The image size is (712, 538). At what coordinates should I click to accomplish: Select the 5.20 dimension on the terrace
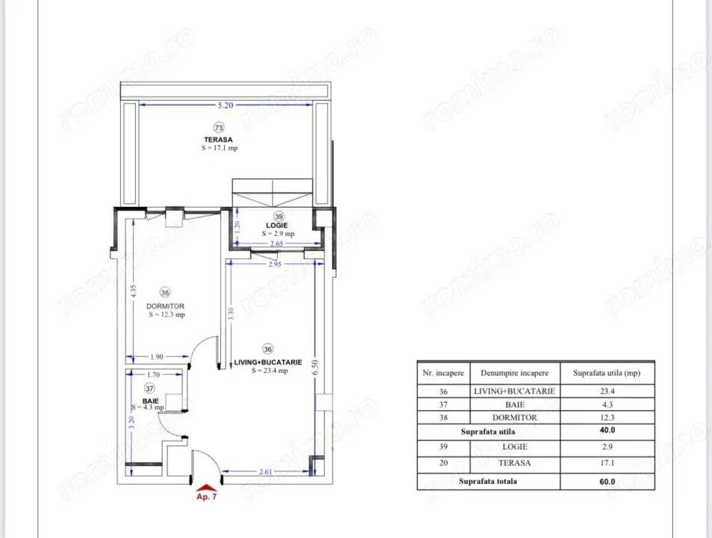click(226, 106)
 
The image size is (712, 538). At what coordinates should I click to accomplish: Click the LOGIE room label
click(278, 225)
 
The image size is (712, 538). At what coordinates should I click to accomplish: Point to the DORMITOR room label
click(166, 306)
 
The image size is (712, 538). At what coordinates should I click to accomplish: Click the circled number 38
click(166, 293)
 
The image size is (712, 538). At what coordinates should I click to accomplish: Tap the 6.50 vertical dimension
click(316, 367)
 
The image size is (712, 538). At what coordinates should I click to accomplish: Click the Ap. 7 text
click(205, 497)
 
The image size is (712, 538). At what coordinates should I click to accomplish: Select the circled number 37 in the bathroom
click(149, 389)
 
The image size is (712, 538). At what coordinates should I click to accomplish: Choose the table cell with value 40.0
click(607, 430)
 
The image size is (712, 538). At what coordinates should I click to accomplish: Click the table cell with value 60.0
click(607, 481)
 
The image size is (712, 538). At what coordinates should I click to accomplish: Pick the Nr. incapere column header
click(443, 372)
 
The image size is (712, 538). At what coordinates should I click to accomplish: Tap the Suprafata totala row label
click(489, 481)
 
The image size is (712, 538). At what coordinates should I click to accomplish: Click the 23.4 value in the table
click(607, 391)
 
